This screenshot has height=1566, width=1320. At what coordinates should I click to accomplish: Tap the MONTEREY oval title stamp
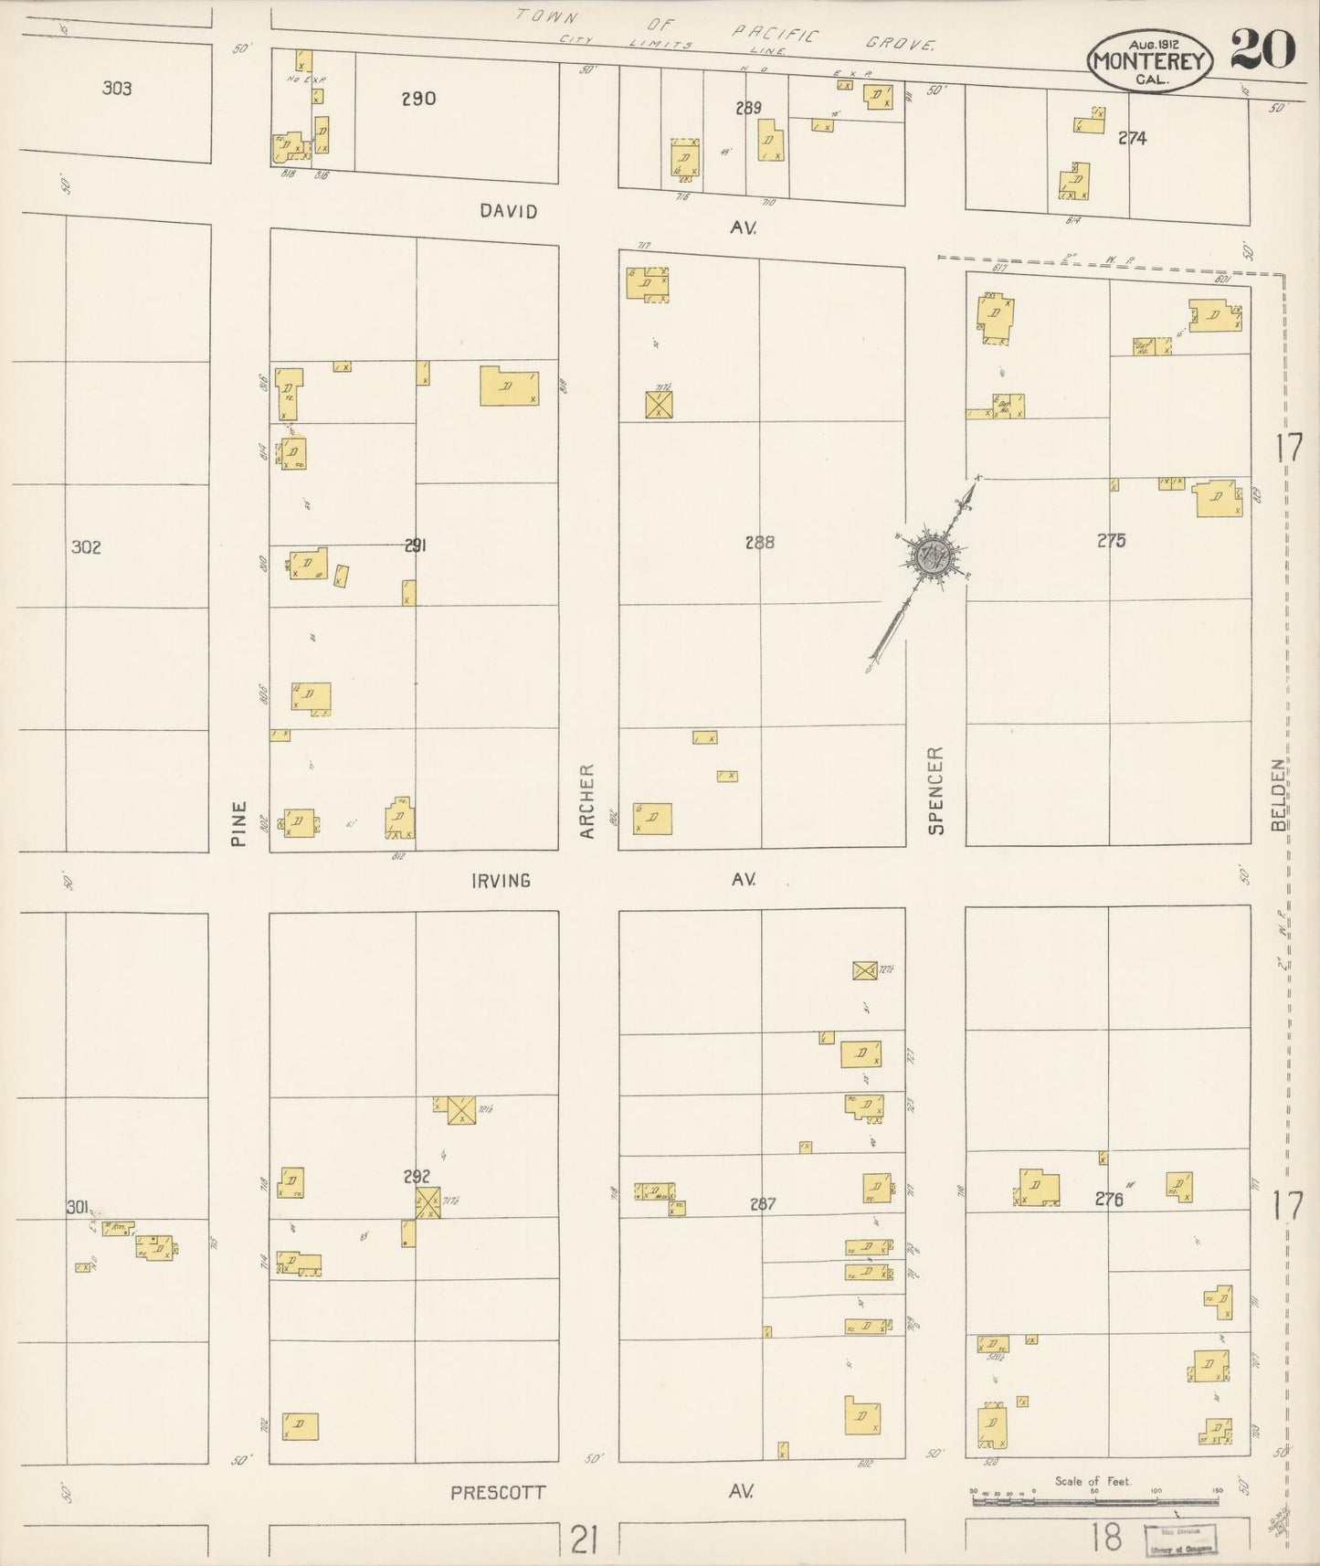click(1149, 61)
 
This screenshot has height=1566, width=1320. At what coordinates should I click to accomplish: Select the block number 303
click(117, 89)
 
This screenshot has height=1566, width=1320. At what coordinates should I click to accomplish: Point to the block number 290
click(419, 99)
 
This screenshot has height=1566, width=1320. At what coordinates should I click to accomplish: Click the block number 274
click(1132, 139)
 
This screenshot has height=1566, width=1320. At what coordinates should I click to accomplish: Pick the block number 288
click(759, 543)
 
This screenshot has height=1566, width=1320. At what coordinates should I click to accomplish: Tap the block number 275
click(1111, 541)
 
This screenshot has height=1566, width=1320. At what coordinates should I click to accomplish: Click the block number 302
click(86, 547)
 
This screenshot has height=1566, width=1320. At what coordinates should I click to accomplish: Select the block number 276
click(1108, 1200)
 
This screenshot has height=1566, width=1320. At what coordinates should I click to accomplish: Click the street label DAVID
click(509, 212)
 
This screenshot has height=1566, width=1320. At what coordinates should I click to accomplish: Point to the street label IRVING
click(501, 881)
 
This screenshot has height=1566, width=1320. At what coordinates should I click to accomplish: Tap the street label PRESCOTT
click(498, 1492)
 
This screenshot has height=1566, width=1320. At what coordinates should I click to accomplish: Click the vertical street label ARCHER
click(587, 801)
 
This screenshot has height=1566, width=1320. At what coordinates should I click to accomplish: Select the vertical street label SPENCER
click(935, 790)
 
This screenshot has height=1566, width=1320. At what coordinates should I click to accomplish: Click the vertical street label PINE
click(239, 823)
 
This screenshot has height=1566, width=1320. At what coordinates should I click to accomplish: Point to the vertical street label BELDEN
click(1279, 794)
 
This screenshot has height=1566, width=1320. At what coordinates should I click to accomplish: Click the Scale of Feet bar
click(1094, 1499)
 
